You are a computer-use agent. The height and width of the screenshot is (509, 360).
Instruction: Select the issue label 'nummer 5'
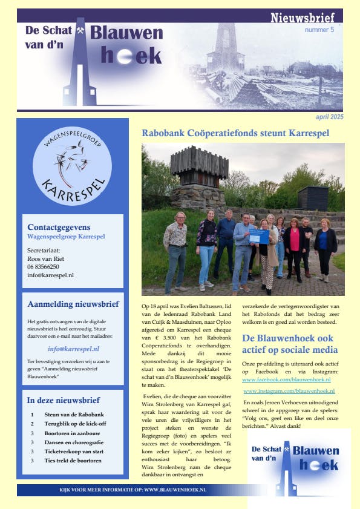(319, 30)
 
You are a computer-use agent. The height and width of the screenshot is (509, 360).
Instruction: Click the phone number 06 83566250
(44, 266)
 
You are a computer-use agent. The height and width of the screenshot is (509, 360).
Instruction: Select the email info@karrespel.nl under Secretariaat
(51, 275)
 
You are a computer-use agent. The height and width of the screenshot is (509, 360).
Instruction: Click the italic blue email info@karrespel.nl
(73, 349)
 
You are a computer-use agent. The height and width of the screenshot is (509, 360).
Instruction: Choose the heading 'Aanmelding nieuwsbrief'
(73, 304)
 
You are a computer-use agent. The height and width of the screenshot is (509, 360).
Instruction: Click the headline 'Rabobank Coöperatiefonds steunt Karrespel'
(235, 133)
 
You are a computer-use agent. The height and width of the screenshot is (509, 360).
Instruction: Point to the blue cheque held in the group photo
(258, 236)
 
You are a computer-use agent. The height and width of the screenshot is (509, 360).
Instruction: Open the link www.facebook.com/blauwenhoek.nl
(286, 379)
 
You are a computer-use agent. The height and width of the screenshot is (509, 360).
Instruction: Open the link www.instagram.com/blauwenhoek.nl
(288, 392)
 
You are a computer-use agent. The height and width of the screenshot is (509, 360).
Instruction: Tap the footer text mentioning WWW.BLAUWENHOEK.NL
(133, 489)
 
